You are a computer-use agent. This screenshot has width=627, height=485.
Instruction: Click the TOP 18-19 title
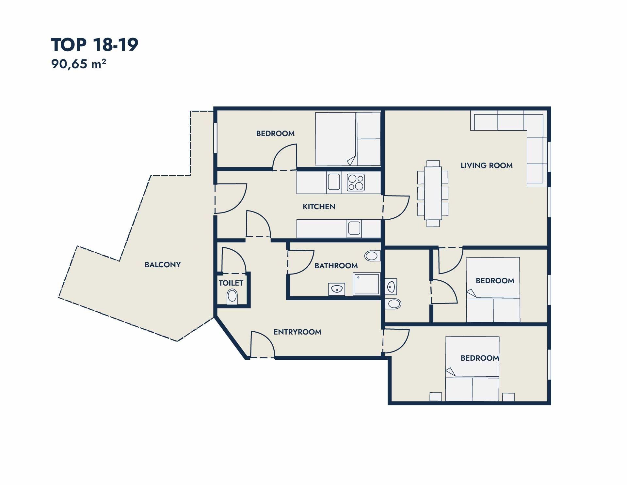pyautogui.click(x=95, y=45)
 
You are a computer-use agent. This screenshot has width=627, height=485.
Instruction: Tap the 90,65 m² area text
pyautogui.click(x=79, y=64)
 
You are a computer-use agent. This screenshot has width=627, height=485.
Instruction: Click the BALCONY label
pyautogui.click(x=163, y=265)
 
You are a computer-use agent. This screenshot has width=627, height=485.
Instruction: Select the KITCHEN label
pyautogui.click(x=319, y=207)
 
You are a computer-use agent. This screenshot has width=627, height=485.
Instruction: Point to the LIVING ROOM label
pyautogui.click(x=487, y=165)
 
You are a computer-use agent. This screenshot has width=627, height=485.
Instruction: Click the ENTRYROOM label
pyautogui.click(x=297, y=332)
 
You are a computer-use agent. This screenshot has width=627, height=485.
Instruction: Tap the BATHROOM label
pyautogui.click(x=336, y=266)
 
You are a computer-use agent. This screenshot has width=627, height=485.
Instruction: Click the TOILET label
pyautogui.click(x=231, y=283)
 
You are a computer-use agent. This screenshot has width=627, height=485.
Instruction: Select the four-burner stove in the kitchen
pyautogui.click(x=356, y=183)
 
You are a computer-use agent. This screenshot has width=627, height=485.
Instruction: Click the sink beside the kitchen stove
pyautogui.click(x=334, y=182)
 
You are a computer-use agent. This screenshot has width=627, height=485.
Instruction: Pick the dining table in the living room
pyautogui.click(x=433, y=193)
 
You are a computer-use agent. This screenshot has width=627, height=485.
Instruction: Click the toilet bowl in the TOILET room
pyautogui.click(x=232, y=296)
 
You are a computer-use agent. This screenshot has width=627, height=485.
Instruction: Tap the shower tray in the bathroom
pyautogui.click(x=366, y=284)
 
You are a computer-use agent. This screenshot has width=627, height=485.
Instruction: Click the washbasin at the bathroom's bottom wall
pyautogui.click(x=337, y=289)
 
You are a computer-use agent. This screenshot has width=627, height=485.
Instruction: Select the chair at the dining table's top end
pyautogui.click(x=433, y=164)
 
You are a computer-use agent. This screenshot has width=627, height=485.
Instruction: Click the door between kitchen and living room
pyautogui.click(x=396, y=208)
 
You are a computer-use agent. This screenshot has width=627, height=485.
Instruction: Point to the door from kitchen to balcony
pyautogui.click(x=230, y=198)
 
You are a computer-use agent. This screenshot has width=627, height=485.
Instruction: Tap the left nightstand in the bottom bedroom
pyautogui.click(x=436, y=397)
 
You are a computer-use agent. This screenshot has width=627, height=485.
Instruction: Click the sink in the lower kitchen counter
pyautogui.click(x=354, y=228)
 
